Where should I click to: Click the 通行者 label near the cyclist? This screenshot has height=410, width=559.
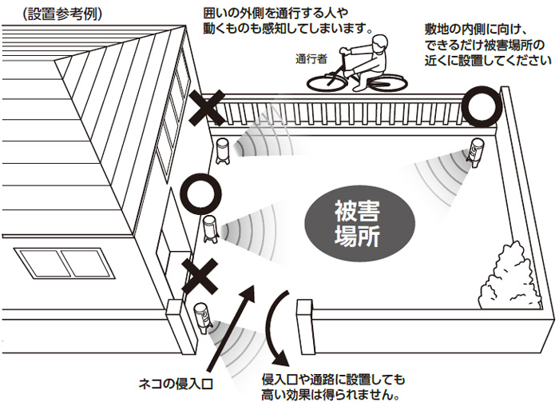[x=311, y=58]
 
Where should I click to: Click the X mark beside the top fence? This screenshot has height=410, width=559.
[x=208, y=109]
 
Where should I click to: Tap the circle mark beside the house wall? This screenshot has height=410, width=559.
[x=197, y=193]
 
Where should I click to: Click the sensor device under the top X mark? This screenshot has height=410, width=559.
[x=223, y=149]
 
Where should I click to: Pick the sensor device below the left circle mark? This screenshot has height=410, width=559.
[x=210, y=229]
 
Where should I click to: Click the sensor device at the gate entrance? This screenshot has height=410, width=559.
[x=203, y=318]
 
